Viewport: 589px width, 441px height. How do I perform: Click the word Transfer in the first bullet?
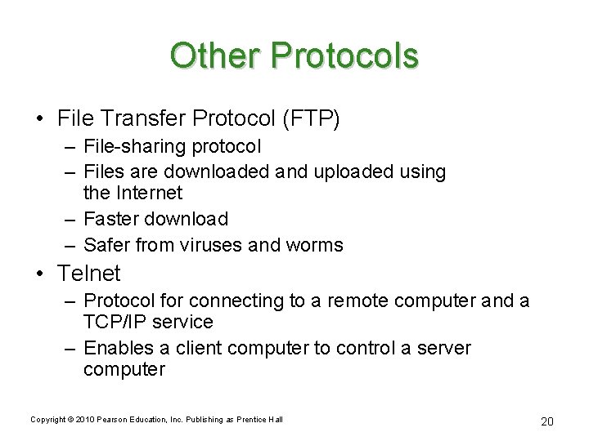[142, 118]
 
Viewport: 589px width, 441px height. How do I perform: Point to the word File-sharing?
[132, 148]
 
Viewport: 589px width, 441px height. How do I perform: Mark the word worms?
[315, 244]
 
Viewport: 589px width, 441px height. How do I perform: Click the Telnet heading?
[89, 273]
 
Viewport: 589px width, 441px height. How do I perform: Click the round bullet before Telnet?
[43, 274]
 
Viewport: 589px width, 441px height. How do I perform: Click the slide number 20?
[546, 421]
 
